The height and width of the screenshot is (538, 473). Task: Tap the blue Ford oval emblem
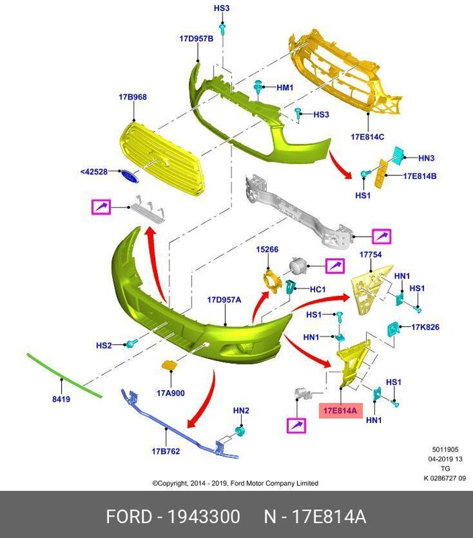coord(130,175)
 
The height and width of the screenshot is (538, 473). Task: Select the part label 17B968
coord(133,97)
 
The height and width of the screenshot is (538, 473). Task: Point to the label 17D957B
coord(196,38)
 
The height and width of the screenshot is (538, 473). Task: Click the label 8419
coord(61,399)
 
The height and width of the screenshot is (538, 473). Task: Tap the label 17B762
coord(165,451)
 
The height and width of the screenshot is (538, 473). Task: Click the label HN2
coord(241,410)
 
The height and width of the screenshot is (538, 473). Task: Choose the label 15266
coord(267,249)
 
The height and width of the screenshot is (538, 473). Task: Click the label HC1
coord(318,289)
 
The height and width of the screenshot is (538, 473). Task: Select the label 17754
coord(370,255)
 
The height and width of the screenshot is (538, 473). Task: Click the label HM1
coord(285,87)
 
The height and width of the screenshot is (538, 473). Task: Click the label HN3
coord(427,158)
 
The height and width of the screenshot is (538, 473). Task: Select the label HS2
coord(103,346)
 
